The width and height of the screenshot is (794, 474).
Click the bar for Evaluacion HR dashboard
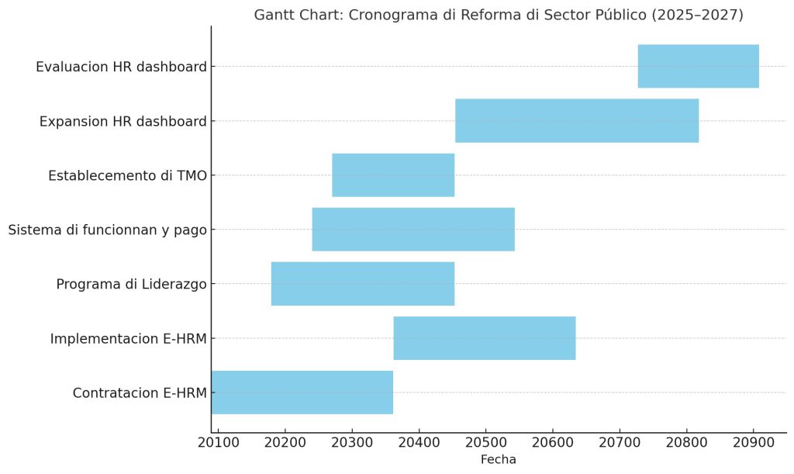(698, 67)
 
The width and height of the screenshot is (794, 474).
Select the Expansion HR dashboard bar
(576, 121)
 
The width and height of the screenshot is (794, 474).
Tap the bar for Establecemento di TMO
(393, 175)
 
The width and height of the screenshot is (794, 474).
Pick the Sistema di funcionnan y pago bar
(413, 230)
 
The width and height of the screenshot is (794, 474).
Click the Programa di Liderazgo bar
(363, 284)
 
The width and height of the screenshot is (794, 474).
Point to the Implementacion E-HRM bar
(485, 338)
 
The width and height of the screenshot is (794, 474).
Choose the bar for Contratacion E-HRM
(302, 393)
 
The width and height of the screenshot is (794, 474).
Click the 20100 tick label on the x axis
(219, 444)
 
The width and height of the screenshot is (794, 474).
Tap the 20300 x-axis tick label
(352, 444)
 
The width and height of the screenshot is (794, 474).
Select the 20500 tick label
(485, 444)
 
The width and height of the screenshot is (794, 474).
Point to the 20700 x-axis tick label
(620, 444)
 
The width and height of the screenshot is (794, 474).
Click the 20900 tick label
(753, 444)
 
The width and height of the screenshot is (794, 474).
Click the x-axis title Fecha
(499, 460)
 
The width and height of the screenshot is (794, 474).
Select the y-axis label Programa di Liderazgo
(132, 285)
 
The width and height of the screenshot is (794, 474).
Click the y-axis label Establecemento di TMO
(128, 176)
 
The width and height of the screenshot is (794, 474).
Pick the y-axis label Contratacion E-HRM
(140, 393)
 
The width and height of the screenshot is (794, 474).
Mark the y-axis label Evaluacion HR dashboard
(122, 67)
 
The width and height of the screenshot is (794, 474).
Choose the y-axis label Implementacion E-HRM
(129, 339)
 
